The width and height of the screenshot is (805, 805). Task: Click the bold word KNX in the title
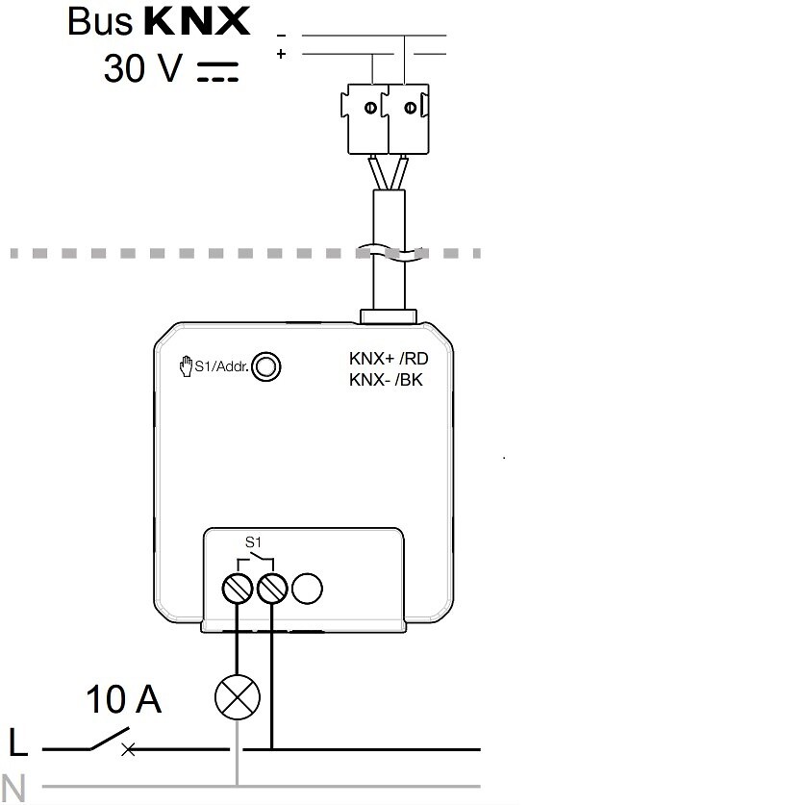[197, 21]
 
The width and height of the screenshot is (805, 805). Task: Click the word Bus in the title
[100, 21]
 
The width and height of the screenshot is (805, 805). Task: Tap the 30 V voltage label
[142, 68]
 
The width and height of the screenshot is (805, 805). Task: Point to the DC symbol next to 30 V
[218, 72]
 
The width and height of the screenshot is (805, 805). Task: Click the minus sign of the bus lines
[281, 36]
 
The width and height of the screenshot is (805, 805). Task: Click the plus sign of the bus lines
[281, 54]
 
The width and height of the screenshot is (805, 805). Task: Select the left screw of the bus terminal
[370, 108]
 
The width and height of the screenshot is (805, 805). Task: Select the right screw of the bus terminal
[411, 108]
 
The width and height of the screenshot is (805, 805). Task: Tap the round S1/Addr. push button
[266, 366]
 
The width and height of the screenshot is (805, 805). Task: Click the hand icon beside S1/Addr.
[186, 366]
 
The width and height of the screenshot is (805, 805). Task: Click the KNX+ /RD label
[389, 359]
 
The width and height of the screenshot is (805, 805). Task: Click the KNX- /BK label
[386, 380]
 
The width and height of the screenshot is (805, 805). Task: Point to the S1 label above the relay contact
[254, 542]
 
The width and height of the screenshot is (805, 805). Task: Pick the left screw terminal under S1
[238, 589]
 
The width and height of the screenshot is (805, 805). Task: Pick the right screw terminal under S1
[272, 589]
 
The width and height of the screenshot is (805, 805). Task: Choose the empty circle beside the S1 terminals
[307, 589]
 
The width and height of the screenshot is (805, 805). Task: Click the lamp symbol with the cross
[238, 697]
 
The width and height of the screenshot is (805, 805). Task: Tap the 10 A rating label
[124, 699]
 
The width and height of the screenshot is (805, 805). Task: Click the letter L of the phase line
[18, 742]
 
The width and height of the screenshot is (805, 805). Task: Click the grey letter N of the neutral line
[13, 788]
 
